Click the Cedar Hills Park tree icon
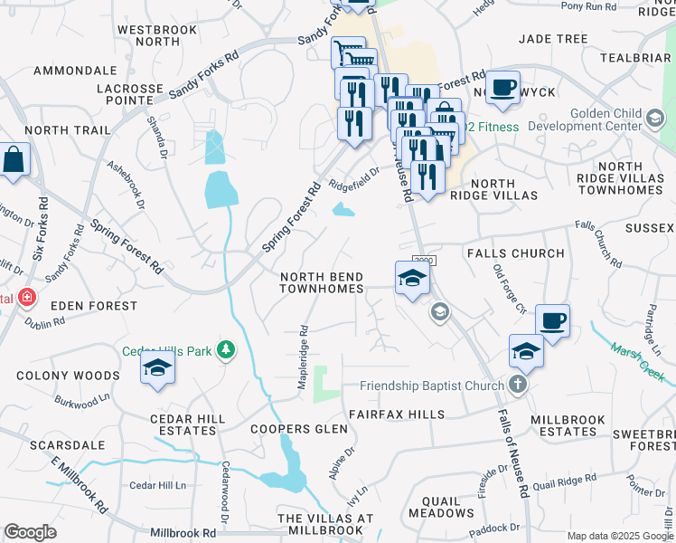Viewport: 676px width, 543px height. pos(225,350)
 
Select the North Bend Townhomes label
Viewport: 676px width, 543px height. pos(322,282)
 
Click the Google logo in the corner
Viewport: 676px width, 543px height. pos(30,532)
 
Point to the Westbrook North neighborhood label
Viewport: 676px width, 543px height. pos(148,35)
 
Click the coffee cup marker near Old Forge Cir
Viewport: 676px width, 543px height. pos(552,320)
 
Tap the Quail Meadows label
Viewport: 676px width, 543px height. pos(441,506)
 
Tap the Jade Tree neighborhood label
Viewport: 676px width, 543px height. pos(553,39)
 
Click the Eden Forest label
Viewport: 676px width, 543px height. pos(94,307)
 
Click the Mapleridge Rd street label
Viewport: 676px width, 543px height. pos(304,358)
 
